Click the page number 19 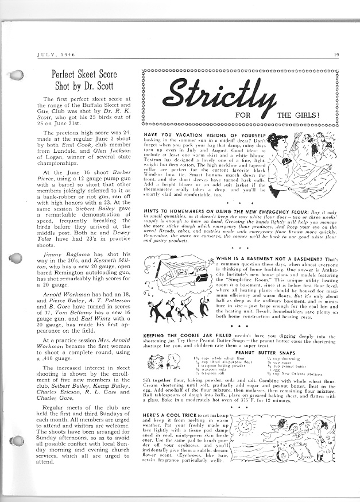[335, 55]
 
